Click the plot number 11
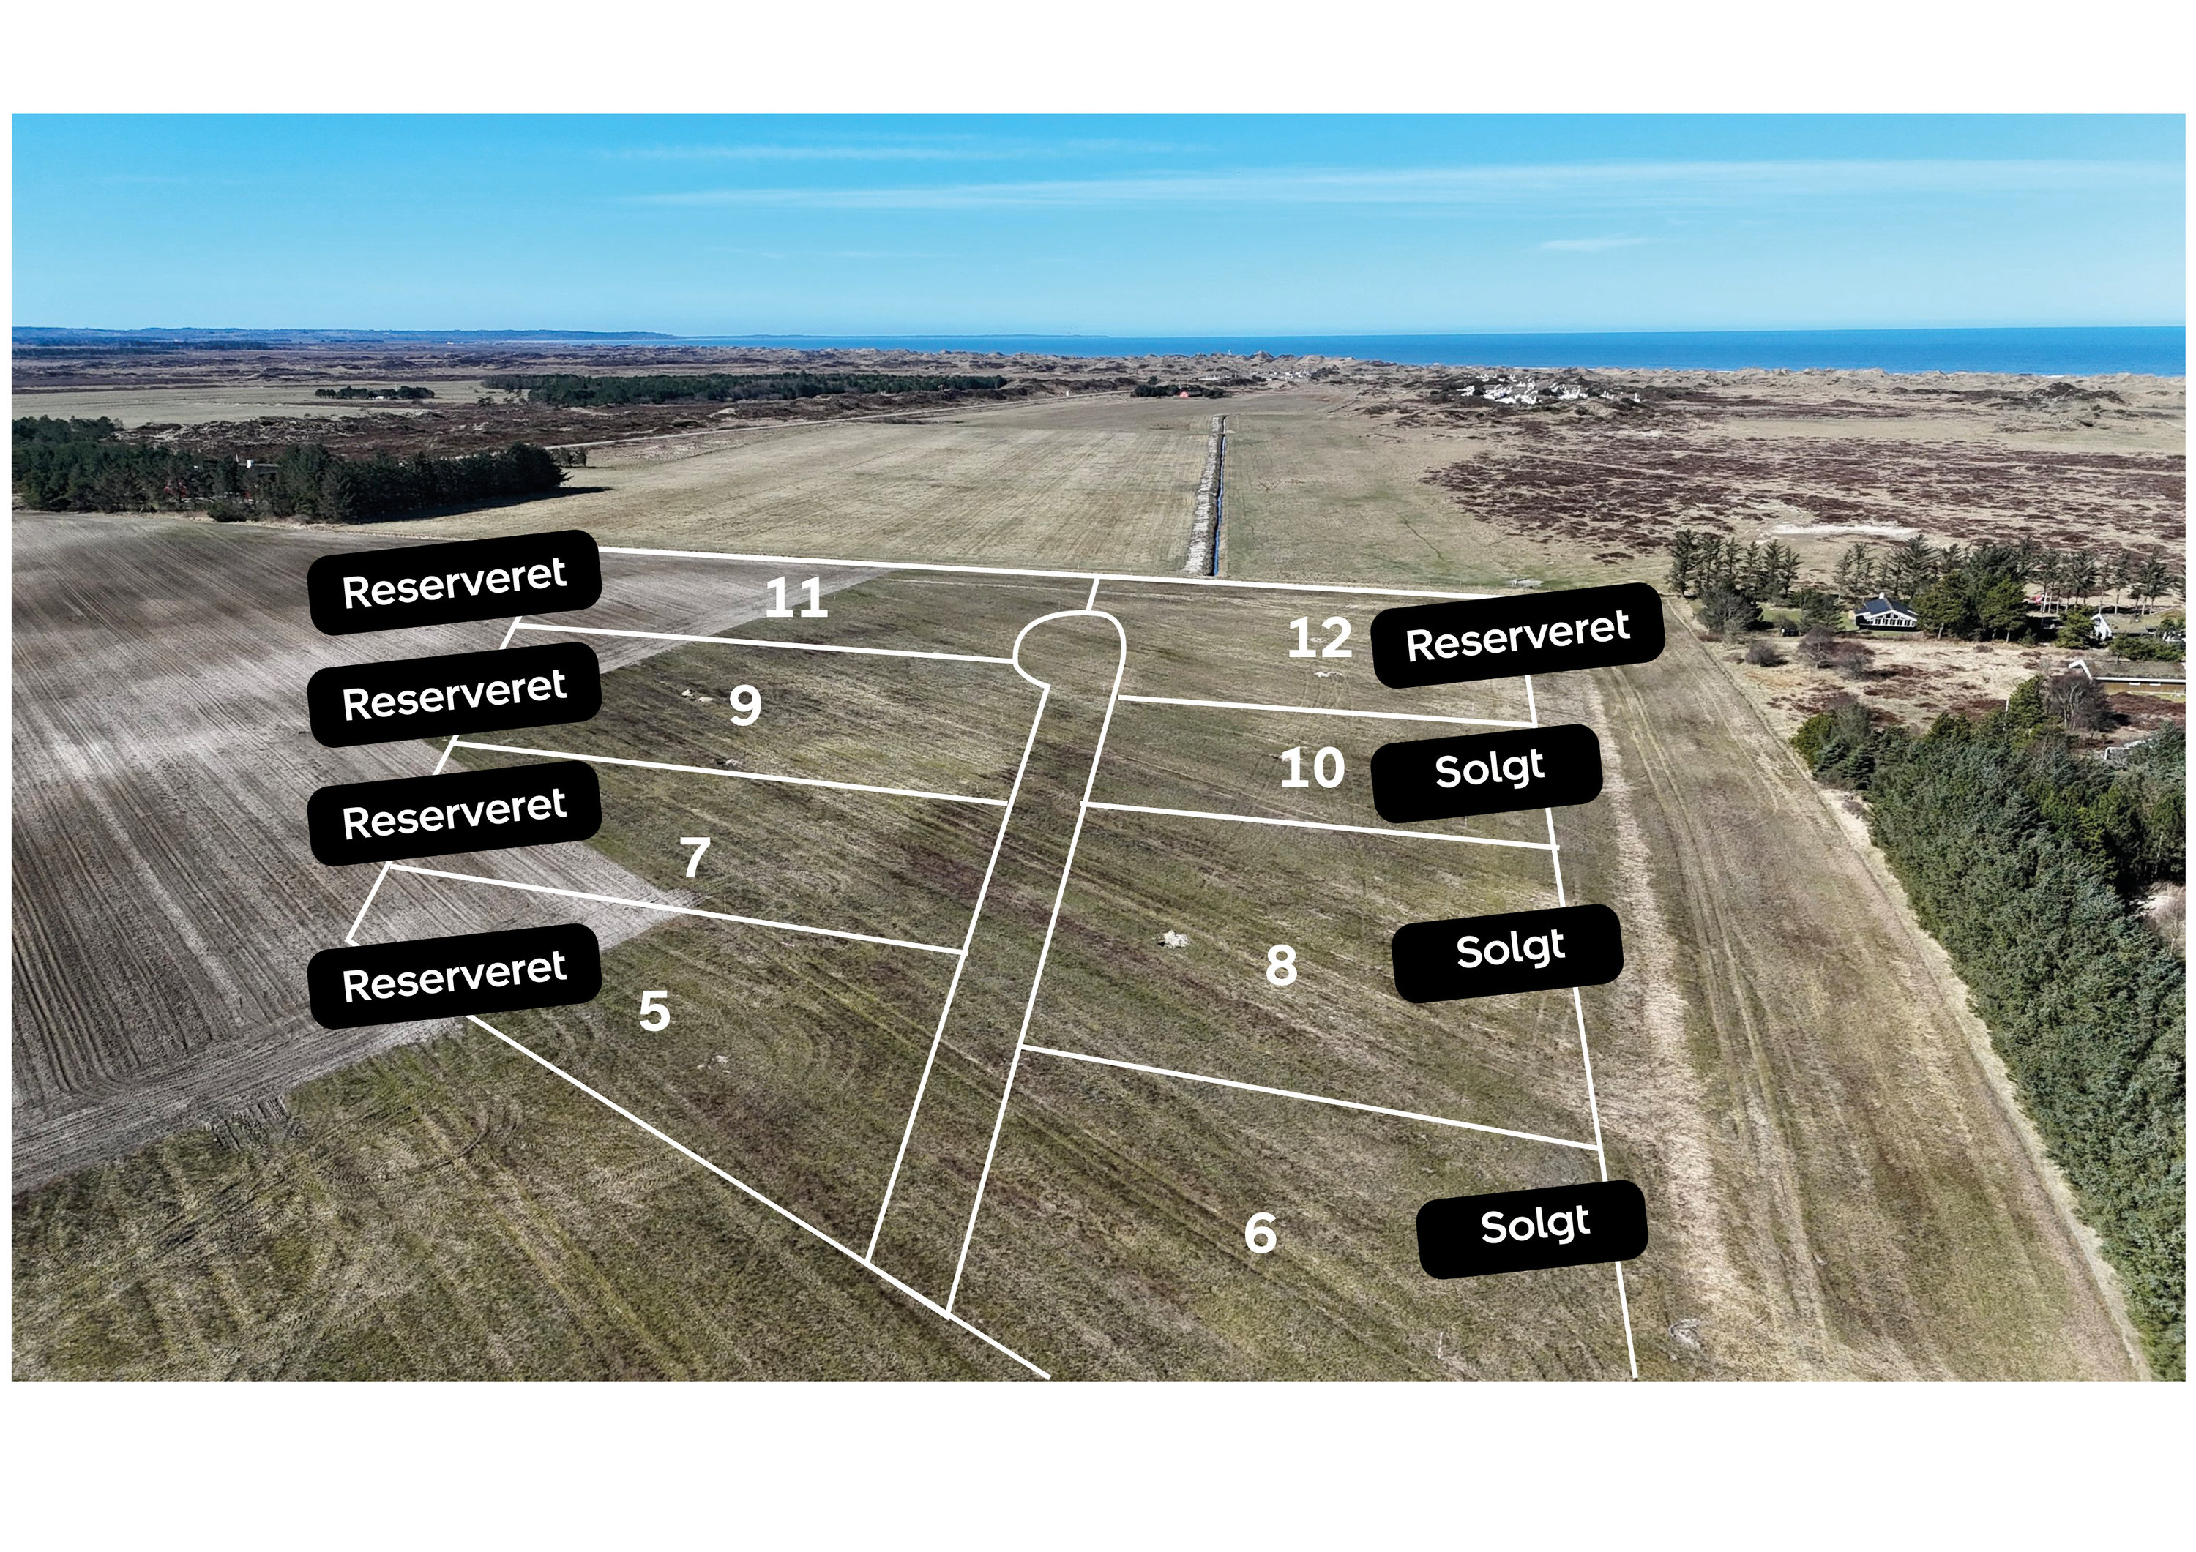[796, 599]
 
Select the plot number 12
[1319, 638]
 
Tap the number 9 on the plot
[745, 705]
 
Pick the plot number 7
[695, 858]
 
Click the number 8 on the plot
[1282, 965]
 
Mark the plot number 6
[1261, 1233]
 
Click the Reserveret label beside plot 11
[455, 582]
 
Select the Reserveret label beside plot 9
[455, 694]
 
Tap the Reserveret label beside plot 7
[455, 814]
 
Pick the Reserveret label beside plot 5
[455, 976]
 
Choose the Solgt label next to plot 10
[1488, 773]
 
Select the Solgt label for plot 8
[1509, 953]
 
